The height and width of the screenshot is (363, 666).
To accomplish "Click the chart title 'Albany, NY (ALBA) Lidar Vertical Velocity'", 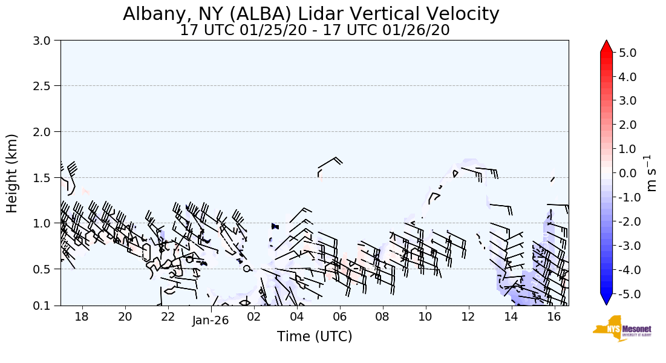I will pyautogui.click(x=311, y=14).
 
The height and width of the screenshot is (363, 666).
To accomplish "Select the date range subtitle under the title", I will pyautogui.click(x=315, y=30).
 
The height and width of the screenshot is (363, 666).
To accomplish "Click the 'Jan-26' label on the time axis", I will pyautogui.click(x=211, y=321).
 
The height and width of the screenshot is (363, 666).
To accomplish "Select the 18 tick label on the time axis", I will pyautogui.click(x=82, y=316).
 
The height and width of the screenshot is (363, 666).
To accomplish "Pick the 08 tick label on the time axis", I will pyautogui.click(x=382, y=316).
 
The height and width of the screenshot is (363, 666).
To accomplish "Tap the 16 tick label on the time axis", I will pyautogui.click(x=554, y=316).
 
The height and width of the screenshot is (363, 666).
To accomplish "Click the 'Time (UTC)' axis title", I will pyautogui.click(x=315, y=336).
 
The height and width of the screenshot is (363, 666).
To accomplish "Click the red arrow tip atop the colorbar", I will pyautogui.click(x=607, y=46).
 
